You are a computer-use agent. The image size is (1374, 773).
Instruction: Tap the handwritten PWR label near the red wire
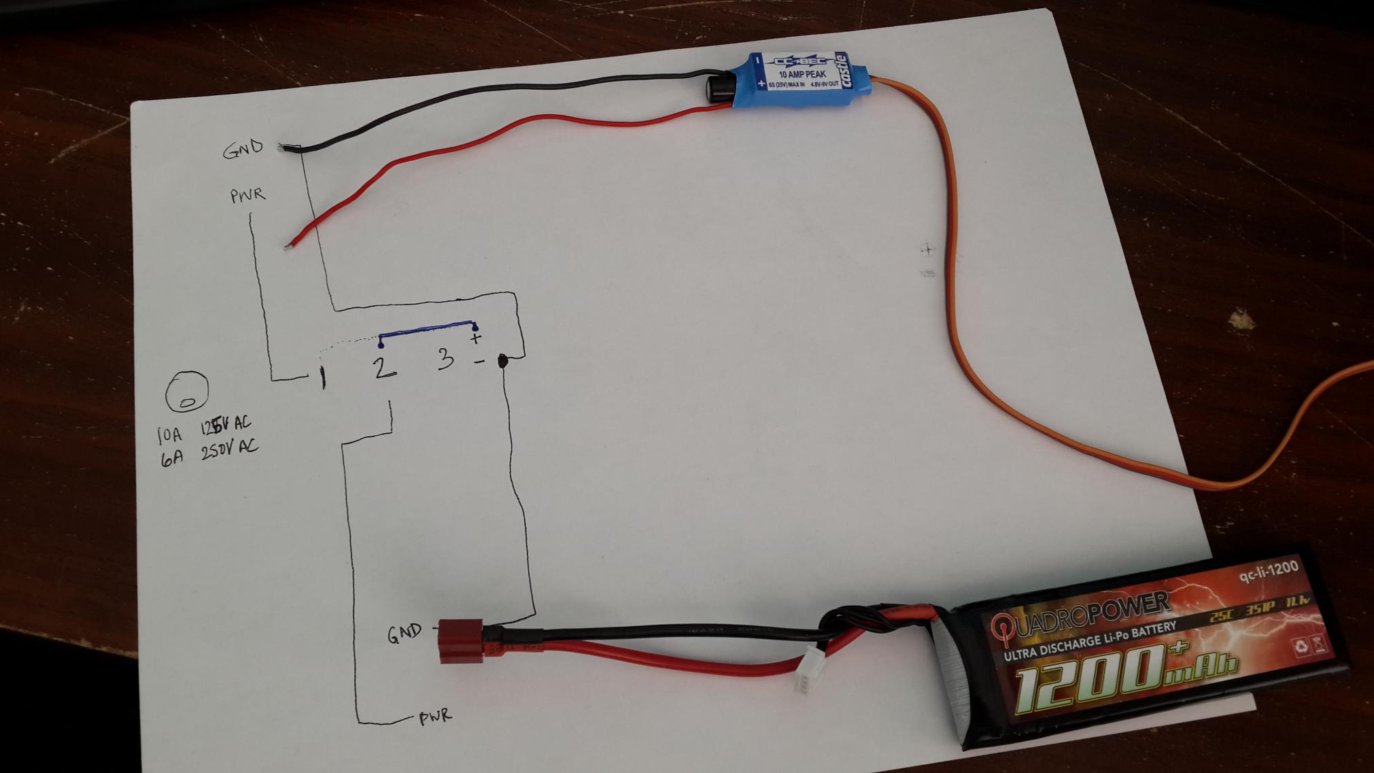247,196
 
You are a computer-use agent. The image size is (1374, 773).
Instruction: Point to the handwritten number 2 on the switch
383,367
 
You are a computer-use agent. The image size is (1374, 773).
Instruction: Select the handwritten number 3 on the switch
445,358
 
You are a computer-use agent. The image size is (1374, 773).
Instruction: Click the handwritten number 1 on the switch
323,377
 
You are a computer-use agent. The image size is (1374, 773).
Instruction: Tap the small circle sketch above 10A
187,392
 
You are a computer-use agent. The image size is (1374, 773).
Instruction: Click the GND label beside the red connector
404,634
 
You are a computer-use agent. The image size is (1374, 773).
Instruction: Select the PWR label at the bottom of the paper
435,717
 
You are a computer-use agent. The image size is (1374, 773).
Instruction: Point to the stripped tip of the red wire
289,245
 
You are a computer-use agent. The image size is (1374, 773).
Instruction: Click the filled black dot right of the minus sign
504,361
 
